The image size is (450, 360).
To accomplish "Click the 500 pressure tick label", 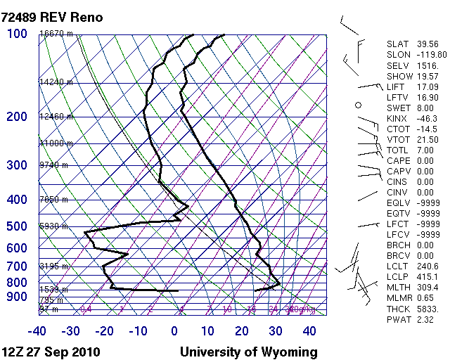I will pos(17,226).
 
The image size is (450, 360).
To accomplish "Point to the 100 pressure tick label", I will pos(17,34).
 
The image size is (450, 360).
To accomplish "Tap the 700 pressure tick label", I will pos(17,266).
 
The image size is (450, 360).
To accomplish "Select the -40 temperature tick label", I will pos(37,331).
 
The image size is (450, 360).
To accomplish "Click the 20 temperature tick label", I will pos(242,331).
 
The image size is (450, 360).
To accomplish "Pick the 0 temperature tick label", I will pos(174,331).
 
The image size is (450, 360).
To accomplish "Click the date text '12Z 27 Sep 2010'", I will pos(51,352).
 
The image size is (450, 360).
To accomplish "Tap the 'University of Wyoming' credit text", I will pos(249,352).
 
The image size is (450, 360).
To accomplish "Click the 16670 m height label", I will pos(56,34).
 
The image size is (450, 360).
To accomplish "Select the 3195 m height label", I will pos(53,266).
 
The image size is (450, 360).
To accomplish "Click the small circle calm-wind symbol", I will pos(358,105).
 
